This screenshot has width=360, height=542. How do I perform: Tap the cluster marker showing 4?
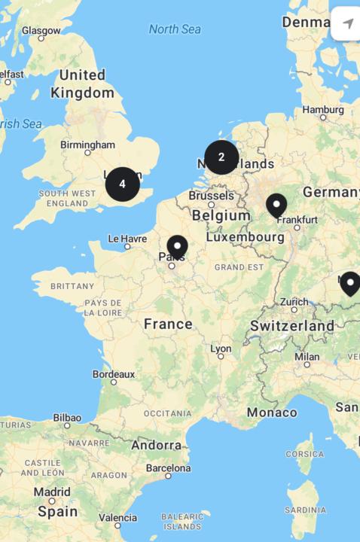pos(122,184)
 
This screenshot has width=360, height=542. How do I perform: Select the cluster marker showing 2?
pos(221,157)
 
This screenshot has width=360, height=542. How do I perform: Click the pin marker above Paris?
pos(177,247)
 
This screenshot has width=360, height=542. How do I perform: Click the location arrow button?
pos(347,24)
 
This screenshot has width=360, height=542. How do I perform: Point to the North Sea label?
pos(175,29)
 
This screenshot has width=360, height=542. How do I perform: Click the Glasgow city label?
pos(41,30)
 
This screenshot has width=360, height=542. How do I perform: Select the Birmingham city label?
pos(88,145)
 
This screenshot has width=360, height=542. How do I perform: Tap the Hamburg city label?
pos(323,110)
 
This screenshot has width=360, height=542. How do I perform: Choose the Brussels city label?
pos(211,195)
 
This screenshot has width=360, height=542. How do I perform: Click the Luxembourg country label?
pos(245,236)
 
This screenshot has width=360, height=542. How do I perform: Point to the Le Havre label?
pos(127,238)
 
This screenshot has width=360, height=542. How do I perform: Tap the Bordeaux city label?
pos(114,373)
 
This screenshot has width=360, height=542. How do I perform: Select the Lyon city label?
pos(221,349)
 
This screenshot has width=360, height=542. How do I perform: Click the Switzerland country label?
pos(292,326)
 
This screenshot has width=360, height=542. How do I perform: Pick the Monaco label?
pos(271,413)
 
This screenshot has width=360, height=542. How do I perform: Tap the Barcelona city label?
pos(168,467)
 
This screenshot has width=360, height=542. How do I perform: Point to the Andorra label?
pos(156,445)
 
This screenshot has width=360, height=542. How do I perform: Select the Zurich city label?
pos(294,302)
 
